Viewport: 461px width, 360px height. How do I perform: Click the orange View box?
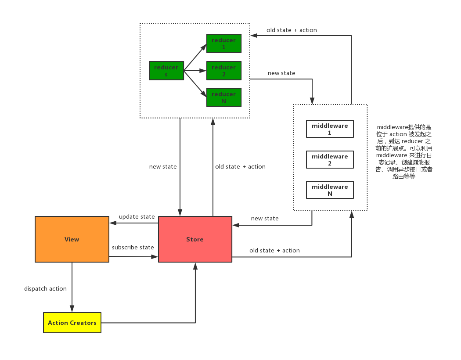(x=72, y=239)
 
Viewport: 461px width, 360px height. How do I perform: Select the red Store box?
(x=195, y=239)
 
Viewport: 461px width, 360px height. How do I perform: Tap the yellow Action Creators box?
(x=72, y=323)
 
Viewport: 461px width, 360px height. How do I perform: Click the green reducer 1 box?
(x=223, y=43)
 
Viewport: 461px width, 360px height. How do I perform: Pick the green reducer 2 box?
(x=223, y=71)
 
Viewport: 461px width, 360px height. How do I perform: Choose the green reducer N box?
(x=223, y=97)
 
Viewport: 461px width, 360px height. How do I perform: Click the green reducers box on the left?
(x=166, y=71)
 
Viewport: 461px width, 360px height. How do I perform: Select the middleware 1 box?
(x=330, y=129)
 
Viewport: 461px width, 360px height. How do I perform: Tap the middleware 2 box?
(x=330, y=160)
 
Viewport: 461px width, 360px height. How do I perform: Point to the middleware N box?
(x=330, y=190)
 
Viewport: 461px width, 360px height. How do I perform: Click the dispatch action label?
(x=45, y=289)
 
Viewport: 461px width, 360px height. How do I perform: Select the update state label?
(x=137, y=217)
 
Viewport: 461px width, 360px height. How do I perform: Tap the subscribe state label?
(x=133, y=248)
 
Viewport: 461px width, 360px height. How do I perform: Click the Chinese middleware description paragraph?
(x=404, y=152)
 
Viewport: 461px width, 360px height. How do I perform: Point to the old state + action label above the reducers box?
(x=292, y=30)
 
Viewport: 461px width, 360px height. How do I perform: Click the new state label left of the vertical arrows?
(x=163, y=167)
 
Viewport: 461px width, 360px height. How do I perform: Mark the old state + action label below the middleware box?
(x=274, y=251)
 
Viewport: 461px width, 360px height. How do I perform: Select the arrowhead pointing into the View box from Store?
(x=113, y=223)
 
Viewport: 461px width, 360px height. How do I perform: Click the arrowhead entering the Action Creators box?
(x=72, y=309)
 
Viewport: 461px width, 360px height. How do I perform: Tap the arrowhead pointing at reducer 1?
(x=204, y=47)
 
